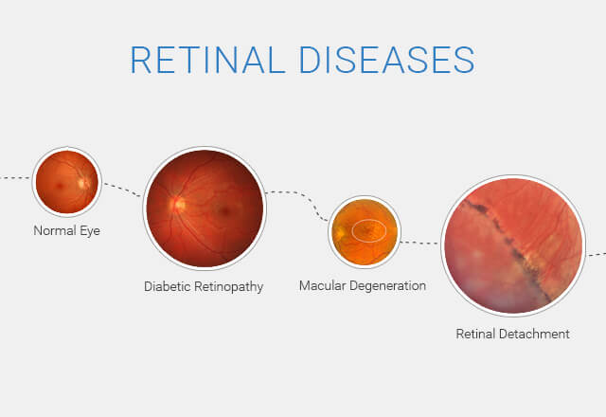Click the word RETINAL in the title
(204, 59)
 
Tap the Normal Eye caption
(66, 230)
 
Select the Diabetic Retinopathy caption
(204, 285)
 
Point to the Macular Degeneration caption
(363, 285)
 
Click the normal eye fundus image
(66, 180)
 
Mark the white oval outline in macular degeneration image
(369, 229)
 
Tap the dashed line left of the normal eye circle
(15, 177)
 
